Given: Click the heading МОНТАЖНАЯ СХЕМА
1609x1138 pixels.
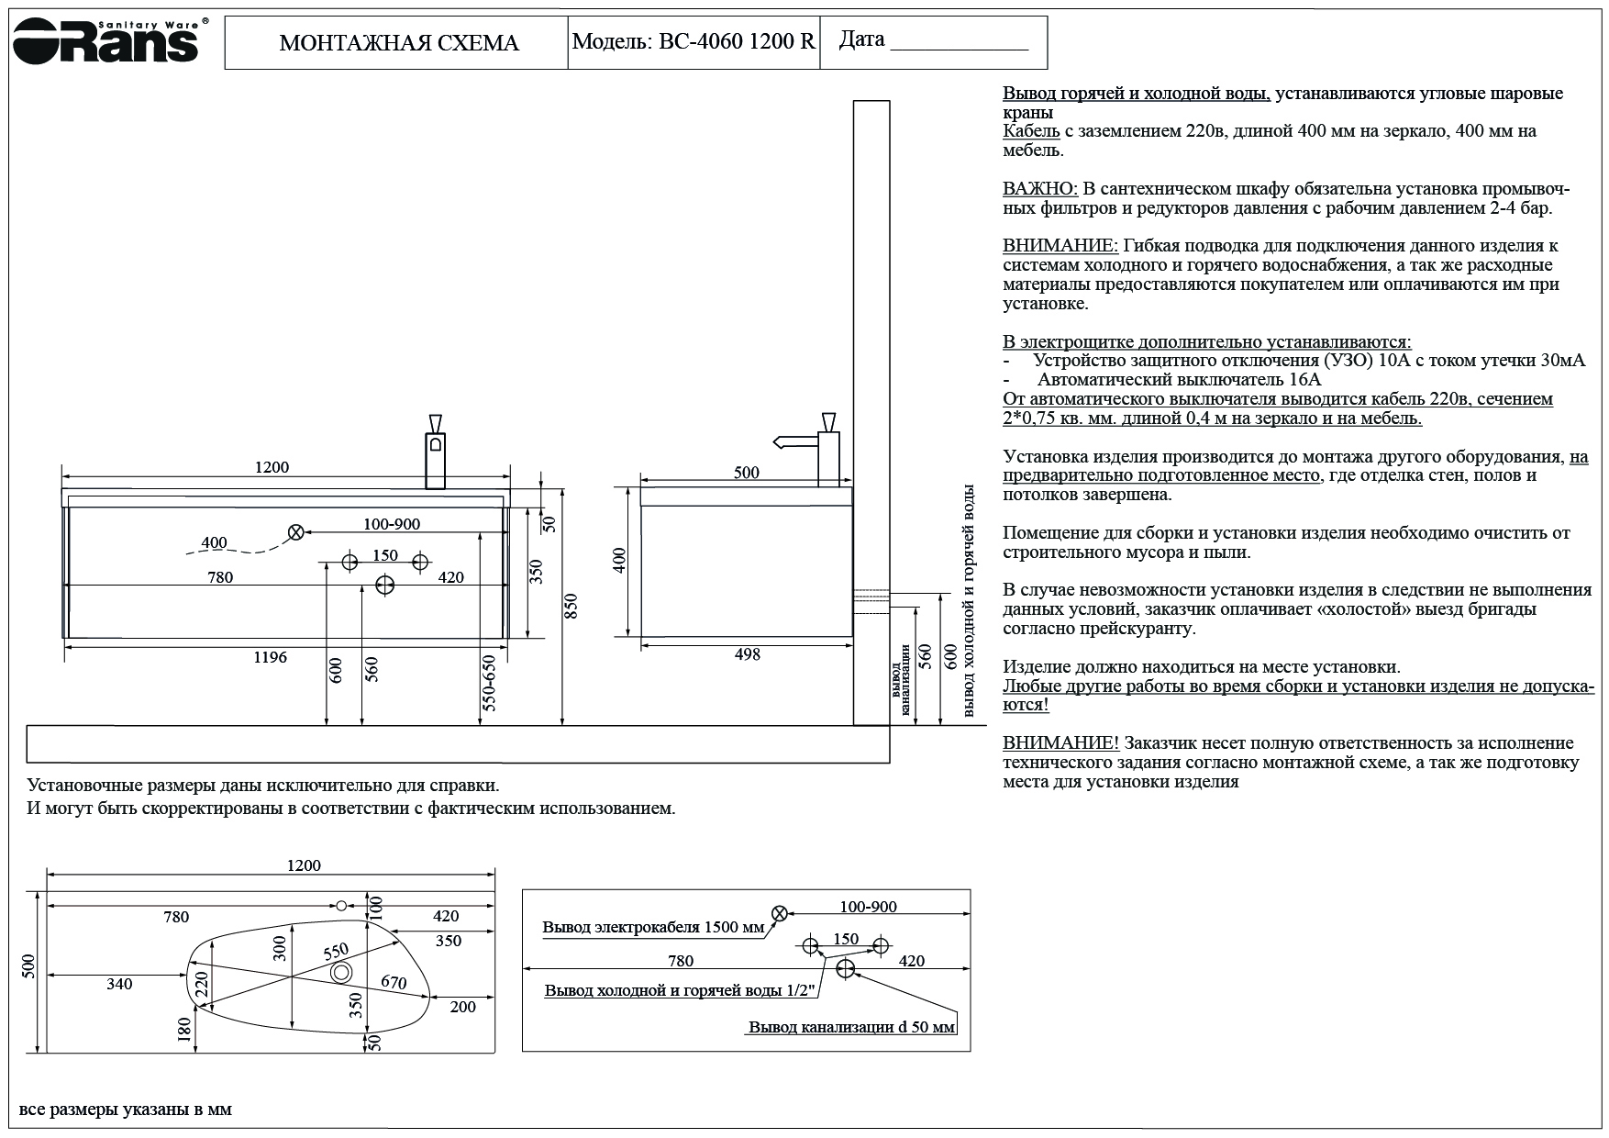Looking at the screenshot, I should pyautogui.click(x=398, y=43).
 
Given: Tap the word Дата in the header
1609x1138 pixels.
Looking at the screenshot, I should pyautogui.click(x=862, y=39).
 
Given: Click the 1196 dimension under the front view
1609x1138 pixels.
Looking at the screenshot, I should pyautogui.click(x=271, y=657).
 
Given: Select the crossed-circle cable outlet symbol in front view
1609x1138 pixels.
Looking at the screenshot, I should pyautogui.click(x=295, y=532).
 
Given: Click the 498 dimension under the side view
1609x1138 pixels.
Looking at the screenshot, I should pyautogui.click(x=747, y=655).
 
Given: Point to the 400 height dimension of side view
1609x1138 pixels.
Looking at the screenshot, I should pyautogui.click(x=619, y=561).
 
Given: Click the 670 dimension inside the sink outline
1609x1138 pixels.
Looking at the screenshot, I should pyautogui.click(x=394, y=982).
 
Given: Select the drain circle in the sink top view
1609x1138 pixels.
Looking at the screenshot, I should pyautogui.click(x=341, y=972).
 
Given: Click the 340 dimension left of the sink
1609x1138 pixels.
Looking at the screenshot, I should pyautogui.click(x=119, y=985).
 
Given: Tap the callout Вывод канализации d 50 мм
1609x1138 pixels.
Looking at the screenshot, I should pyautogui.click(x=851, y=1027).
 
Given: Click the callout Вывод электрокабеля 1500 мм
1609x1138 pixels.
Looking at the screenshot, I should pyautogui.click(x=653, y=927).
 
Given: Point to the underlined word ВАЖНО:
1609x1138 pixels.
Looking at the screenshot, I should pyautogui.click(x=1039, y=189).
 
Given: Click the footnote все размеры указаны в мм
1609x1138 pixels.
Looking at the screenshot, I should pyautogui.click(x=127, y=1110).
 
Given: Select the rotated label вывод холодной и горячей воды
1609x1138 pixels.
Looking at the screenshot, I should pyautogui.click(x=968, y=601).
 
